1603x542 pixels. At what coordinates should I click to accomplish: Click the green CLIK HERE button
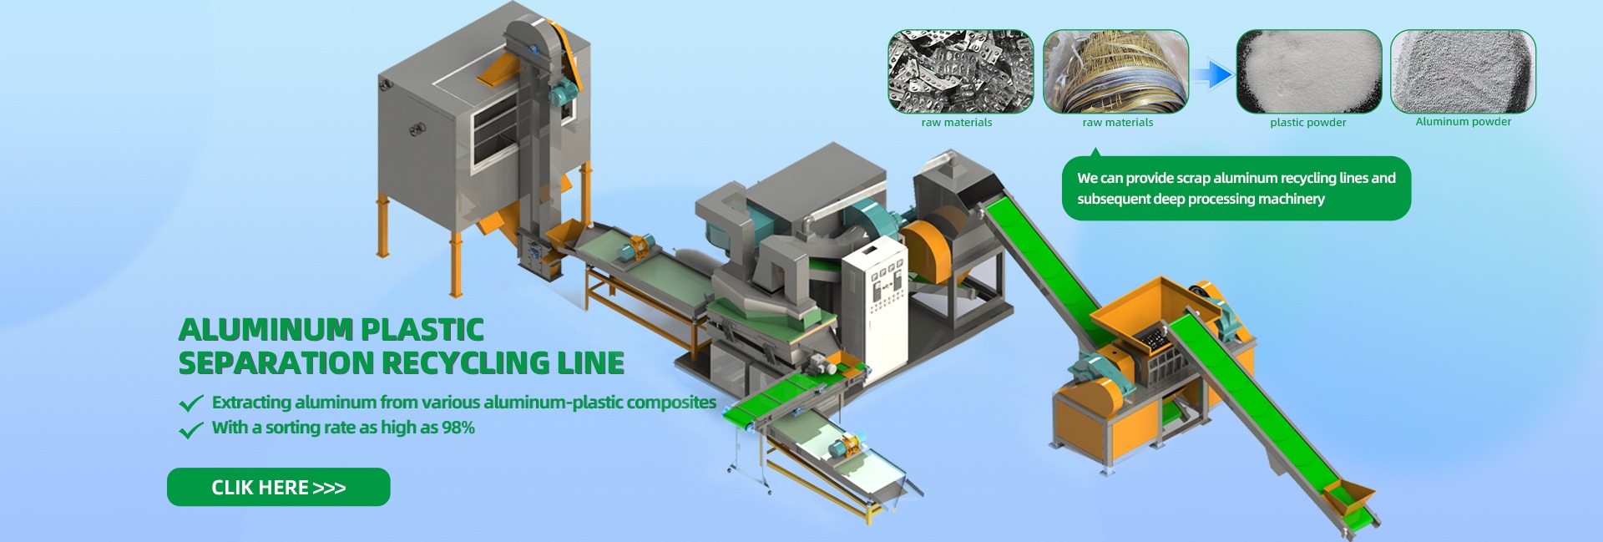pos(278,487)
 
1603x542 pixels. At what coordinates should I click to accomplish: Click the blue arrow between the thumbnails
pos(1212,75)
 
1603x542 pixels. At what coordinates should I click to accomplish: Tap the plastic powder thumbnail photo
pos(1308,72)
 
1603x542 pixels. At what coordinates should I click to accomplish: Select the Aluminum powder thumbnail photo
pos(1463,72)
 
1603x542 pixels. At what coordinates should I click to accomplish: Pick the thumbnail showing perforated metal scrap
pos(960,72)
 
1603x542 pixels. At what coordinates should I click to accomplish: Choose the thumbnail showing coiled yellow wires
pos(1115,72)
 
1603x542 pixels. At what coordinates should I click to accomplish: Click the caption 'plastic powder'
pos(1308,123)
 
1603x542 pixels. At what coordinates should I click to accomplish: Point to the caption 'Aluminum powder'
pos(1464,122)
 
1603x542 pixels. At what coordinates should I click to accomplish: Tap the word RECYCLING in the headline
pos(467,363)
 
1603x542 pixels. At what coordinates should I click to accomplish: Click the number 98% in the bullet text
pos(458,428)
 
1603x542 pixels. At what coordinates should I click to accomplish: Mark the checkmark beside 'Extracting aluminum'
pos(191,403)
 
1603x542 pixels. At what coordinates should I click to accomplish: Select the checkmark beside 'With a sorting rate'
pos(191,429)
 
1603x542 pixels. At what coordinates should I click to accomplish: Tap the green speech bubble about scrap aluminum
pos(1236,188)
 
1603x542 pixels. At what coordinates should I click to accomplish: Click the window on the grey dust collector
pos(498,138)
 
